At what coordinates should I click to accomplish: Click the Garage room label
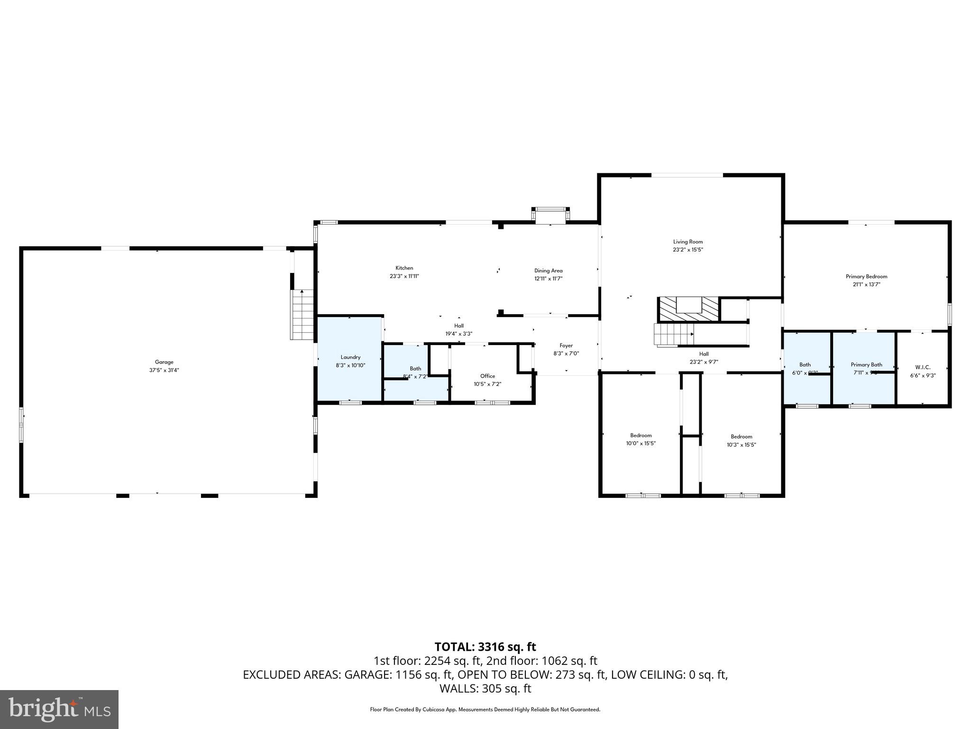pyautogui.click(x=164, y=362)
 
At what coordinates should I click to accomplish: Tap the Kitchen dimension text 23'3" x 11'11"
pyautogui.click(x=404, y=276)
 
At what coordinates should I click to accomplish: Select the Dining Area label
pyautogui.click(x=548, y=271)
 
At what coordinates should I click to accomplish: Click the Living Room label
pyautogui.click(x=687, y=242)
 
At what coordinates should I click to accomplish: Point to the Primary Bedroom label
pyautogui.click(x=866, y=277)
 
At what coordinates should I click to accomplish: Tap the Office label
pyautogui.click(x=487, y=376)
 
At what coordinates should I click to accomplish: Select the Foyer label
pyautogui.click(x=566, y=346)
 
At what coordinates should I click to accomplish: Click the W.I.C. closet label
pyautogui.click(x=923, y=367)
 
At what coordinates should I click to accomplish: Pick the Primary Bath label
pyautogui.click(x=866, y=364)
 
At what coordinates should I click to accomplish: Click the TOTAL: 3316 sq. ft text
pyautogui.click(x=485, y=647)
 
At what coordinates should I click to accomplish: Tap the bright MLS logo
pyautogui.click(x=59, y=709)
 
